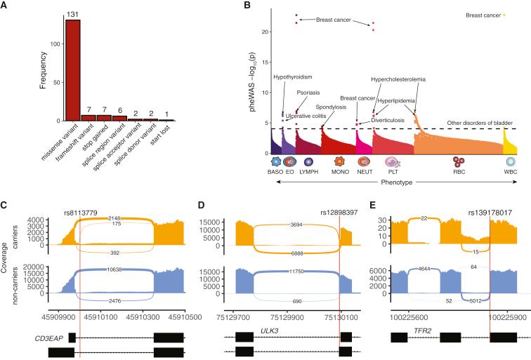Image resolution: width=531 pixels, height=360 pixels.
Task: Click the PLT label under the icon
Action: [x=393, y=172]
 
